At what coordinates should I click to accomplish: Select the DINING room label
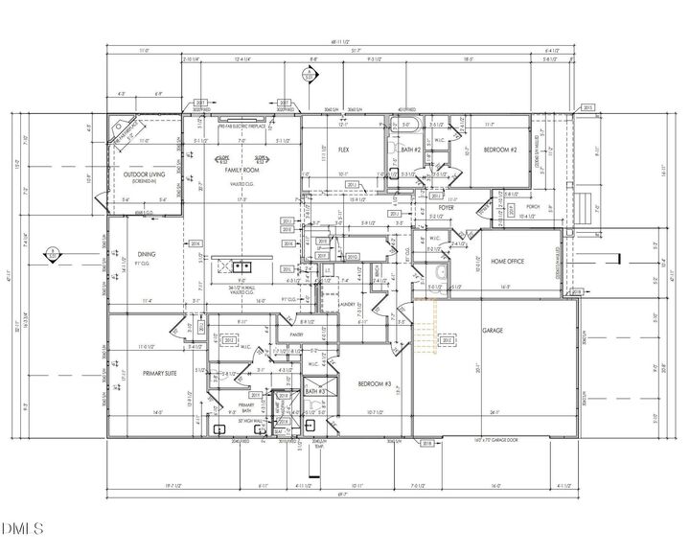click(x=146, y=254)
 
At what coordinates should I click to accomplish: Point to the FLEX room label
click(x=343, y=150)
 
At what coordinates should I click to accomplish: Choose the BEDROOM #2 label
click(x=499, y=150)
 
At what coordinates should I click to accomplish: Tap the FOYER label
click(x=446, y=208)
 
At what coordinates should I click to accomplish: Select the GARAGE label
click(x=493, y=331)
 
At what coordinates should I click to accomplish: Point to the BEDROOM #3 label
click(x=373, y=383)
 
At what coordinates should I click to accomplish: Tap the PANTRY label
click(x=308, y=335)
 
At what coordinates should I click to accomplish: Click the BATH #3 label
click(x=315, y=391)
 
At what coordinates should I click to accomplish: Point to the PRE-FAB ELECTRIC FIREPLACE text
click(x=241, y=127)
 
